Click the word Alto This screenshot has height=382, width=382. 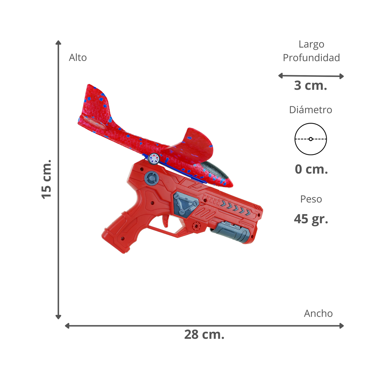point(78,57)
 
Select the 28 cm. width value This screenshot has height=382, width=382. point(204,335)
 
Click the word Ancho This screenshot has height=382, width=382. point(318,314)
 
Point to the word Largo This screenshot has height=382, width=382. point(311,44)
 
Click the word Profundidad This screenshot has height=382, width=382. point(311,58)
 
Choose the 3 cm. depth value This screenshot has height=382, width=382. point(310,86)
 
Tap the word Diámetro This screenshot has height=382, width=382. point(310,110)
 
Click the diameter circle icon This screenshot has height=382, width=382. point(311,139)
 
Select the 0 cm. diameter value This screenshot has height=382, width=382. point(311,169)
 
